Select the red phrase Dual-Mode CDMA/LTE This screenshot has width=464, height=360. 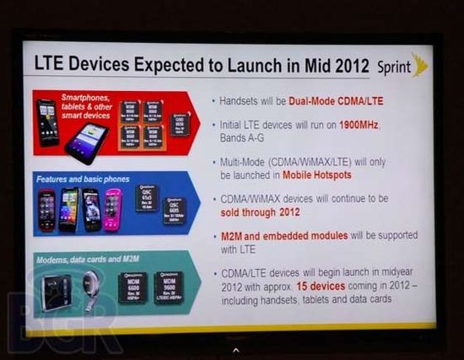[x=336, y=101]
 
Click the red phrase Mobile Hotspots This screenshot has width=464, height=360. [x=305, y=175]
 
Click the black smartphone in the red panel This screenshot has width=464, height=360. [x=48, y=122]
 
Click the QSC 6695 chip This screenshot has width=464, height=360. [x=175, y=210]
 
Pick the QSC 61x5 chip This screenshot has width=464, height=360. [x=147, y=198]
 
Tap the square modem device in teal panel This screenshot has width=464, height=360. [x=57, y=291]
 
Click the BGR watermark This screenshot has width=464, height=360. [x=63, y=325]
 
